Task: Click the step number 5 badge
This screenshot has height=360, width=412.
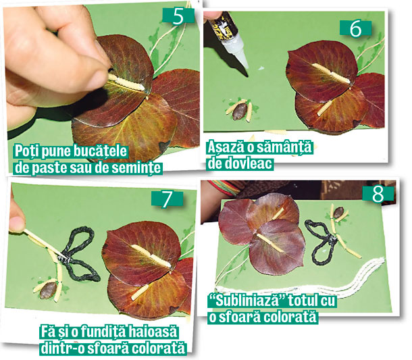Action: pyautogui.click(x=178, y=16)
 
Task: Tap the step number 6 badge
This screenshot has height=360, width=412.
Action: pyautogui.click(x=355, y=28)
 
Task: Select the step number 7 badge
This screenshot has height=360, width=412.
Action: pyautogui.click(x=167, y=199)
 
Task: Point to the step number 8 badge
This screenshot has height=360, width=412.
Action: pyautogui.click(x=378, y=194)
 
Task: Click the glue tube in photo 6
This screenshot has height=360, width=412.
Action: pyautogui.click(x=228, y=39)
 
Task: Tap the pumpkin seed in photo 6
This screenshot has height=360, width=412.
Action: pyautogui.click(x=240, y=111)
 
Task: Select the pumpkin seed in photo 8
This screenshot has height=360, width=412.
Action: pyautogui.click(x=338, y=212)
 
